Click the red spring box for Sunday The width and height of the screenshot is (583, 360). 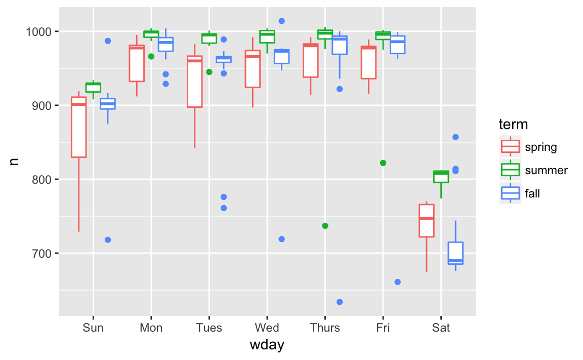78,127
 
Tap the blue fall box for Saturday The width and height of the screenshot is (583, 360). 455,253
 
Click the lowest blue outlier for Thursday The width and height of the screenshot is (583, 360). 340,302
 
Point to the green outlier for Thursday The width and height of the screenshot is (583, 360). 325,226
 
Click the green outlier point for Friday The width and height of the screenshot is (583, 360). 383,163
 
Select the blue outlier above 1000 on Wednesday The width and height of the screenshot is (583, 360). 282,21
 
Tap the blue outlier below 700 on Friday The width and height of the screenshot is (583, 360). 397,282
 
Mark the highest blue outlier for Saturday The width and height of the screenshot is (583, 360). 455,137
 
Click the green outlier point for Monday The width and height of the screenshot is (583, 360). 151,56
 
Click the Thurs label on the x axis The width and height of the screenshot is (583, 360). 325,328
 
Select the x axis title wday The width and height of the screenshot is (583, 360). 267,346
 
